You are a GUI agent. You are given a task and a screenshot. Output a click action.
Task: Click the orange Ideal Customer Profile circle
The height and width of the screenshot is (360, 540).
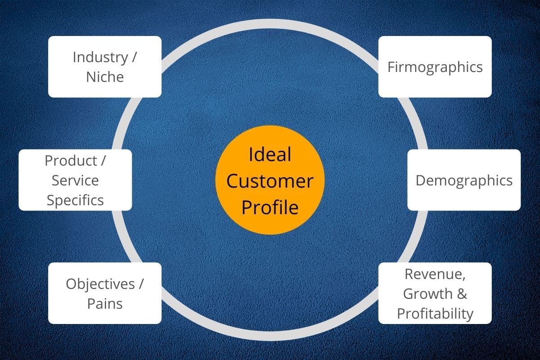click(x=270, y=180)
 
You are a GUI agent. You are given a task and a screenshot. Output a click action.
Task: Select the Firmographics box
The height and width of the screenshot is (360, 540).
click(x=435, y=67)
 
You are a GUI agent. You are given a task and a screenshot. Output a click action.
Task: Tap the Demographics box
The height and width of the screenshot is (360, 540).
click(x=464, y=180)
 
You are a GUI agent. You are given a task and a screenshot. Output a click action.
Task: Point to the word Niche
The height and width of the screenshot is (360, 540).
click(x=105, y=76)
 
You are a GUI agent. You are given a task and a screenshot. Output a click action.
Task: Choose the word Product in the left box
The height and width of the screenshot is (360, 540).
click(x=71, y=160)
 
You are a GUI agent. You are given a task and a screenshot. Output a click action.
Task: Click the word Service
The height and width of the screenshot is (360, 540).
click(x=75, y=180)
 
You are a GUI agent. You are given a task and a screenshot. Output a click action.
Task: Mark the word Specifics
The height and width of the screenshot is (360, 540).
click(x=75, y=200)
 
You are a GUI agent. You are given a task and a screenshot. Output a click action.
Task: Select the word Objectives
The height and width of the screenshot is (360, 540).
click(x=100, y=284)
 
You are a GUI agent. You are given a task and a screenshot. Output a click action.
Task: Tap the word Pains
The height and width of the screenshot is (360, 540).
click(x=105, y=303)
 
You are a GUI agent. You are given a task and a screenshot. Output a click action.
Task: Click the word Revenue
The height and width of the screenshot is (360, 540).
click(x=435, y=274)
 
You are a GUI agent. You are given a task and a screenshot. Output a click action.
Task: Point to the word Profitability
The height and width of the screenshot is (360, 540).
click(x=435, y=313)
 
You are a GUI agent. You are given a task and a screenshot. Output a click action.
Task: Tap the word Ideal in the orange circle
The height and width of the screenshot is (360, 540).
click(x=270, y=154)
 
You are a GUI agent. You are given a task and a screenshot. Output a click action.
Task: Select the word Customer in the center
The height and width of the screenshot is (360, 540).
click(x=270, y=181)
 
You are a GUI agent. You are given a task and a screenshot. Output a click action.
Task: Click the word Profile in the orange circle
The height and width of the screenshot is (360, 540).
click(x=270, y=207)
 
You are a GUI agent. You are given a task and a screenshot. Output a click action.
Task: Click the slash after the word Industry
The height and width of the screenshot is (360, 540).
click(x=135, y=58)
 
